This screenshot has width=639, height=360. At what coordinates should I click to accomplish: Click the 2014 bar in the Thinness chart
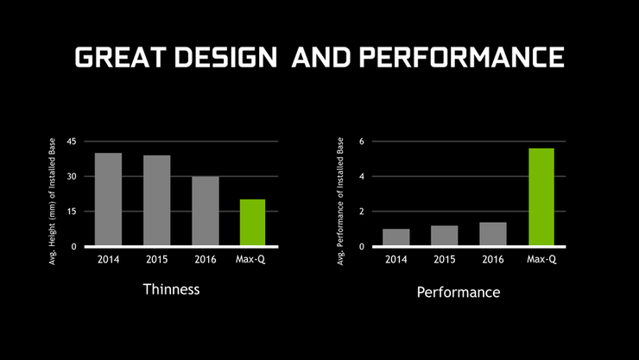tap(108, 199)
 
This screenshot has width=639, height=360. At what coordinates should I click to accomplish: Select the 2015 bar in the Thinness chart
tap(156, 200)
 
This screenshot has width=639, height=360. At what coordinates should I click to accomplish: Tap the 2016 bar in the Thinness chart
tap(205, 212)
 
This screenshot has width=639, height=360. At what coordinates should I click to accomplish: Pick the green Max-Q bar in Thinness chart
tap(252, 223)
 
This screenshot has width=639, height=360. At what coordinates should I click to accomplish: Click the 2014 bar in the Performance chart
tap(396, 237)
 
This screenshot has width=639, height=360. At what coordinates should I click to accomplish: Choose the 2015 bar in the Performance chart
tap(445, 236)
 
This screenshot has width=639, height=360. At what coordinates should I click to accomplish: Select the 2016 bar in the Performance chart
tap(493, 234)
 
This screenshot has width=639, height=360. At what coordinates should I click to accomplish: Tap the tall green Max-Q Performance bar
tap(541, 197)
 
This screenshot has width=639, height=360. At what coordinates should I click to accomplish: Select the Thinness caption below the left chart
tap(171, 289)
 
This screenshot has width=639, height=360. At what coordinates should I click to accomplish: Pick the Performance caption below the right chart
tap(459, 293)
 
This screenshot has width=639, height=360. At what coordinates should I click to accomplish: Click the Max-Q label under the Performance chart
tap(541, 260)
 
